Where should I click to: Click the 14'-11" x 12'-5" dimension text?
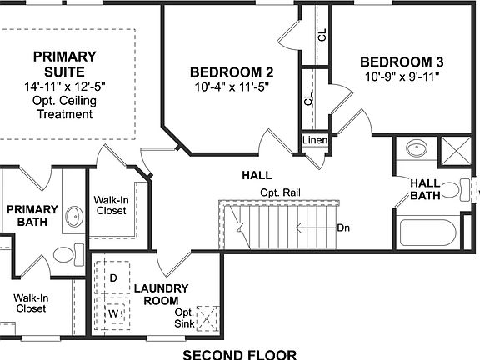pyautogui.click(x=65, y=87)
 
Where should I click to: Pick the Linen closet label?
pyautogui.click(x=314, y=140)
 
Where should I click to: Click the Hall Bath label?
pyautogui.click(x=424, y=189)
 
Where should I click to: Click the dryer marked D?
pyautogui.click(x=113, y=277)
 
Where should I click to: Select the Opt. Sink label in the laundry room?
pyautogui.click(x=184, y=317)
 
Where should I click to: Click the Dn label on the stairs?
pyautogui.click(x=342, y=227)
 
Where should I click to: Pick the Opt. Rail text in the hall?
pyautogui.click(x=280, y=192)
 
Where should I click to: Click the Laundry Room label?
pyautogui.click(x=162, y=294)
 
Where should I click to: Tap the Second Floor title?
pyautogui.click(x=239, y=353)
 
